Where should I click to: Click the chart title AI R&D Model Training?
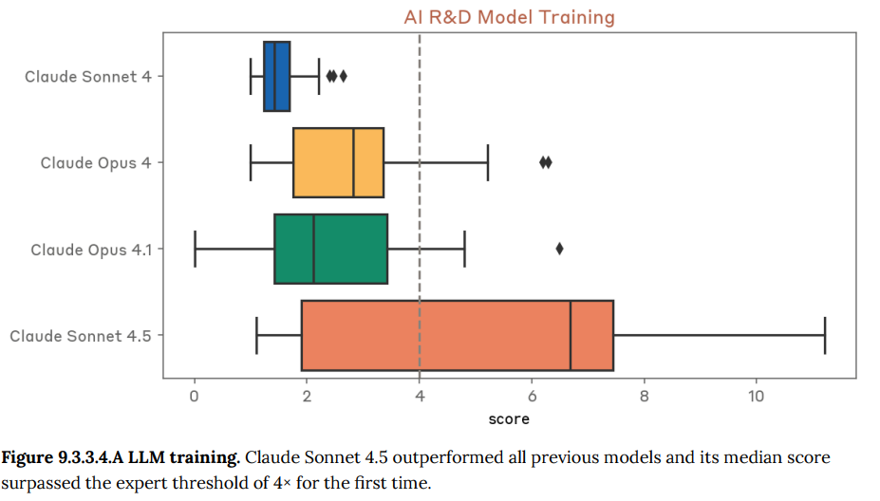(x=509, y=17)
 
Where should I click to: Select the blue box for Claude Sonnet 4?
(x=276, y=76)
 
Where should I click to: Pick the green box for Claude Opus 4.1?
(x=330, y=249)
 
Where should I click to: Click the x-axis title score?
(x=509, y=417)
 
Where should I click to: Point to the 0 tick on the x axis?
(x=194, y=396)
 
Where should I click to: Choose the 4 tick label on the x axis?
(x=419, y=396)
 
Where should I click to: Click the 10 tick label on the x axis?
(x=756, y=396)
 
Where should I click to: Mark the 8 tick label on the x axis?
(x=644, y=396)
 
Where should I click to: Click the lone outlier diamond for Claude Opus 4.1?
(x=559, y=249)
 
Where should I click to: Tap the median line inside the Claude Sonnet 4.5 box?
(x=571, y=335)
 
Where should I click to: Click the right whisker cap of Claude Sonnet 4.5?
(x=825, y=335)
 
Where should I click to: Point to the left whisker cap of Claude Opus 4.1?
(x=195, y=249)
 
